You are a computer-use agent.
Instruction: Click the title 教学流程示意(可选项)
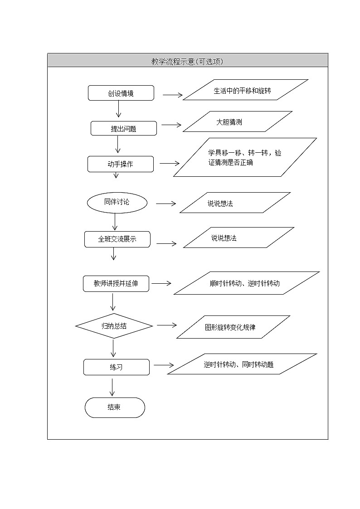point(187,61)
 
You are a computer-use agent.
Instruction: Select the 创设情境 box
point(121,93)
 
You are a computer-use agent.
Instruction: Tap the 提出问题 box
point(123,128)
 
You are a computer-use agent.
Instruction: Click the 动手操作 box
point(120,164)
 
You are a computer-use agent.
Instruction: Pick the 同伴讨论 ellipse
point(117,202)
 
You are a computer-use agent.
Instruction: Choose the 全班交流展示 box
point(117,239)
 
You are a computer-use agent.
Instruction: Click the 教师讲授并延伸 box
point(116,284)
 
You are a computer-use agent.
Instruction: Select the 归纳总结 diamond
point(114,325)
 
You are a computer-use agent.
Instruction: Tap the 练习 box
point(116,367)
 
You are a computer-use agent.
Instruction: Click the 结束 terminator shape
point(115,407)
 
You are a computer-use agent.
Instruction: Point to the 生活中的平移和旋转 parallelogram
point(245,90)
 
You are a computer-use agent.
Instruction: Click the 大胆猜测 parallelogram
point(238,121)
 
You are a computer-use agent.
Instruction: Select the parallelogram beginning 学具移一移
point(245,157)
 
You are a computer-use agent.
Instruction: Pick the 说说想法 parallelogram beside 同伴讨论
point(235,203)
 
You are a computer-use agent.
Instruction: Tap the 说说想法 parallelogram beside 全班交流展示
point(238,238)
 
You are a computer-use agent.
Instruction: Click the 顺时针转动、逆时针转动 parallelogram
point(247,283)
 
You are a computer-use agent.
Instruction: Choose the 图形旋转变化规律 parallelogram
point(233,327)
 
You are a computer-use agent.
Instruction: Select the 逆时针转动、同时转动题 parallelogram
point(245,364)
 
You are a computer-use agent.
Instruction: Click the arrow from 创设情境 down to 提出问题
point(119,110)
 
